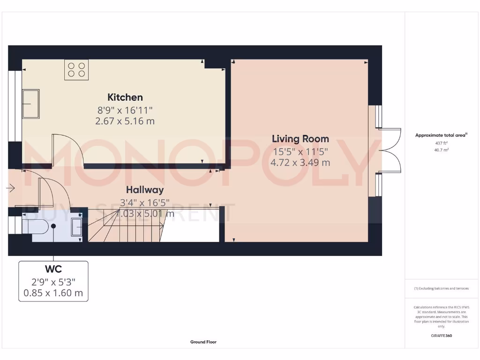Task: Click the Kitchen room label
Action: point(125,97)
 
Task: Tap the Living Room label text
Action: point(300,139)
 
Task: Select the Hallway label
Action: point(145,190)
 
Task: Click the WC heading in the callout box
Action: point(53,270)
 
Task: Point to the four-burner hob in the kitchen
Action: point(76,70)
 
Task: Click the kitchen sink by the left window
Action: point(31,104)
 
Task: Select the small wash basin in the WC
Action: point(76,227)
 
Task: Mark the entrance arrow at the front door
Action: point(11,189)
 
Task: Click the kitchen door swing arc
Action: point(68,149)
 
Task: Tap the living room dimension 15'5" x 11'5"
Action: point(300,151)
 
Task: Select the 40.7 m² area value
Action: point(441,150)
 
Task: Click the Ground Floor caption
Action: point(203,342)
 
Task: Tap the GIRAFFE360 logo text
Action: point(441,336)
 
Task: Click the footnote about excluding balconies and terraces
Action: point(441,289)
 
